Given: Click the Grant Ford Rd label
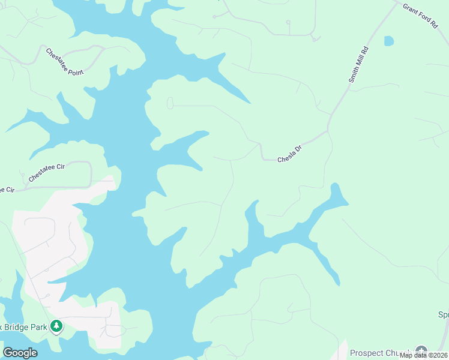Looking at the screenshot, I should click(421, 16).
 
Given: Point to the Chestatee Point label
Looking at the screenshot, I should click(65, 61).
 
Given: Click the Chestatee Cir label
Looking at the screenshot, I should click(46, 175).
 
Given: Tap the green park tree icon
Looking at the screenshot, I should click(56, 326).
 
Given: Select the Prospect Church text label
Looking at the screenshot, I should click(379, 353).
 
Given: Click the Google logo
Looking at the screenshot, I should click(20, 353).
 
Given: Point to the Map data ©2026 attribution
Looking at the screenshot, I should click(423, 355).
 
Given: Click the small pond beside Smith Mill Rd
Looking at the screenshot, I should click(389, 41).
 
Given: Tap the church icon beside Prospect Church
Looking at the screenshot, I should click(421, 352).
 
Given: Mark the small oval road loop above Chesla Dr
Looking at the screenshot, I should click(170, 103).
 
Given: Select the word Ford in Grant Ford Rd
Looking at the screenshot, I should click(423, 17).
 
